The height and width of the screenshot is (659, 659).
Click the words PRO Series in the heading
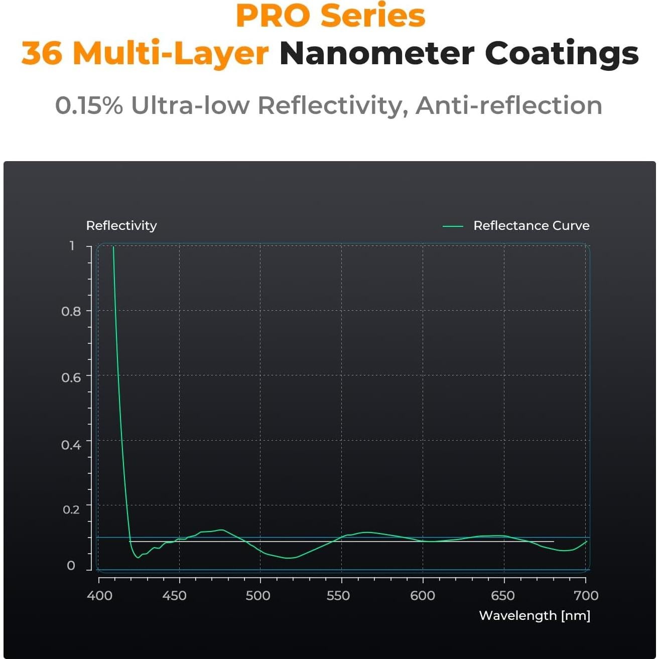coord(330,16)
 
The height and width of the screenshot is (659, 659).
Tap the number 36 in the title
coord(42,53)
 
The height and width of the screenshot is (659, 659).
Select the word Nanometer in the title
coord(376,53)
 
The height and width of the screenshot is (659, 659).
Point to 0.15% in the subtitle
coord(89,105)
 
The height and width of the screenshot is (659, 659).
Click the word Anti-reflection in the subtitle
coord(508,105)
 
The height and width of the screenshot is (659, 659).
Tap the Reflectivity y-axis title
coord(121,226)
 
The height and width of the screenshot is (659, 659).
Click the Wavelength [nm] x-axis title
coord(535,616)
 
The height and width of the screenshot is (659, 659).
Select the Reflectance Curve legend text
coord(531,226)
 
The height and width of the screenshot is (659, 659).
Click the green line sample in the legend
coord(453,226)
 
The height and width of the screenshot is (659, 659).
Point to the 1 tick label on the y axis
coord(72,246)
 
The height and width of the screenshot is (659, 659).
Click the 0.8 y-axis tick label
coord(71,312)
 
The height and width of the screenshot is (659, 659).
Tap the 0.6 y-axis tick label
coord(71,377)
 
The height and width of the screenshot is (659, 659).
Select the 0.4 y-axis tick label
coord(71,445)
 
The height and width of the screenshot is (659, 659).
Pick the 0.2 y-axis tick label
coord(71,509)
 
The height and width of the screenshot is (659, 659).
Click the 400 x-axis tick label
coord(99,596)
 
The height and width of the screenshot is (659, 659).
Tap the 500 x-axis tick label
coord(258,596)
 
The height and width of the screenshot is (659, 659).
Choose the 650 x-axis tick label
coord(503,596)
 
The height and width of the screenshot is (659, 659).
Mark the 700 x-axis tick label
coord(586,596)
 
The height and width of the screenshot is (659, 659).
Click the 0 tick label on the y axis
coord(71,566)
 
